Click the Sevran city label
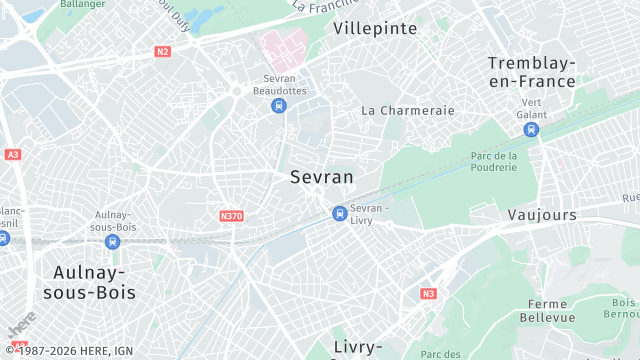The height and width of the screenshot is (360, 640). [321, 177]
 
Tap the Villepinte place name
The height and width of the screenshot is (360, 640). [375, 28]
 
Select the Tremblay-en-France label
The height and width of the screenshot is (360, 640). [531, 72]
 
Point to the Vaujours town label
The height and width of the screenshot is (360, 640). [542, 215]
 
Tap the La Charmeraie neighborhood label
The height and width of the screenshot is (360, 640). [408, 110]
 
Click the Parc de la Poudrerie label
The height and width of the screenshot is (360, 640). [493, 161]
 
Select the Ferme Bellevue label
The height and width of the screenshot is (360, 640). [547, 310]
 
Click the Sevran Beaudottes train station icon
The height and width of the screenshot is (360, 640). [279, 105]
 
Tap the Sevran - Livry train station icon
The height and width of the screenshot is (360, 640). [340, 212]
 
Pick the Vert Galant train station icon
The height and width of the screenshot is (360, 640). [531, 128]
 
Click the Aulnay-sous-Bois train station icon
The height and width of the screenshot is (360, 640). [113, 241]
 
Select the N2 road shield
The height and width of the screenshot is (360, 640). [163, 51]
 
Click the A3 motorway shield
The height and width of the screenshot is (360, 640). [12, 155]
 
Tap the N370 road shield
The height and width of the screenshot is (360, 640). [231, 215]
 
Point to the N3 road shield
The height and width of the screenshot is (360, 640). [428, 293]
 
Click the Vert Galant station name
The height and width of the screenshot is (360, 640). [531, 108]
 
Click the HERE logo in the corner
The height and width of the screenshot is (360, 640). [21, 327]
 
